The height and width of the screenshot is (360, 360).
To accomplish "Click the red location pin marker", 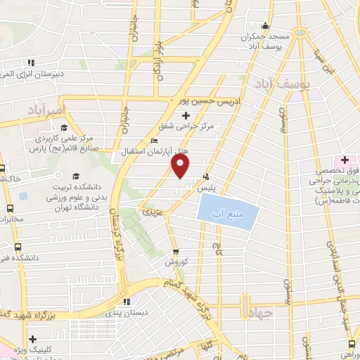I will point(181,166).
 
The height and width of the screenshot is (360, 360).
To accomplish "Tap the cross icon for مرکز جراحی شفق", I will point(186,115).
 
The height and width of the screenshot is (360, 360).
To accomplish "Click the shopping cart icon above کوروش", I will point(175,251).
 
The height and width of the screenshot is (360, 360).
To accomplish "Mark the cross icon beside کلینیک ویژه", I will point(32,339).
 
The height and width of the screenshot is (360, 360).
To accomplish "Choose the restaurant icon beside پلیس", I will point(206,176).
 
